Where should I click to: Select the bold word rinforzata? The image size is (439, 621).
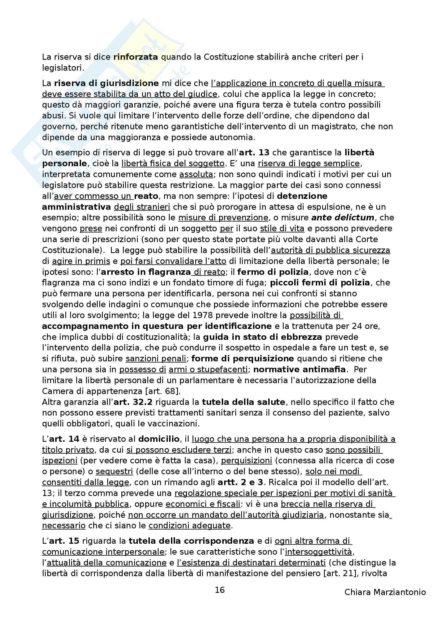pos(135,57)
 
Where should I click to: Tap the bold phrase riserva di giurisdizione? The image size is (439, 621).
pos(106,83)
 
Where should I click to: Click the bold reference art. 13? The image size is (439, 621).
pos(254,153)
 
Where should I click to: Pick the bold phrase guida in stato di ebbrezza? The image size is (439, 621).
pos(262,337)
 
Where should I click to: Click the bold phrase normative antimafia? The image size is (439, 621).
pos(299,370)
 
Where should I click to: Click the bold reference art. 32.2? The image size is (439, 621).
pos(133,402)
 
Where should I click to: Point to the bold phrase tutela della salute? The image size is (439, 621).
pos(244,402)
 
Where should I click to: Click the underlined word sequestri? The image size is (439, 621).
pos(114,472)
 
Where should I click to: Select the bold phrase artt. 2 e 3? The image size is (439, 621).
pos(240,482)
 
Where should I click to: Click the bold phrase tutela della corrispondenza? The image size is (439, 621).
pos(191,541)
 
